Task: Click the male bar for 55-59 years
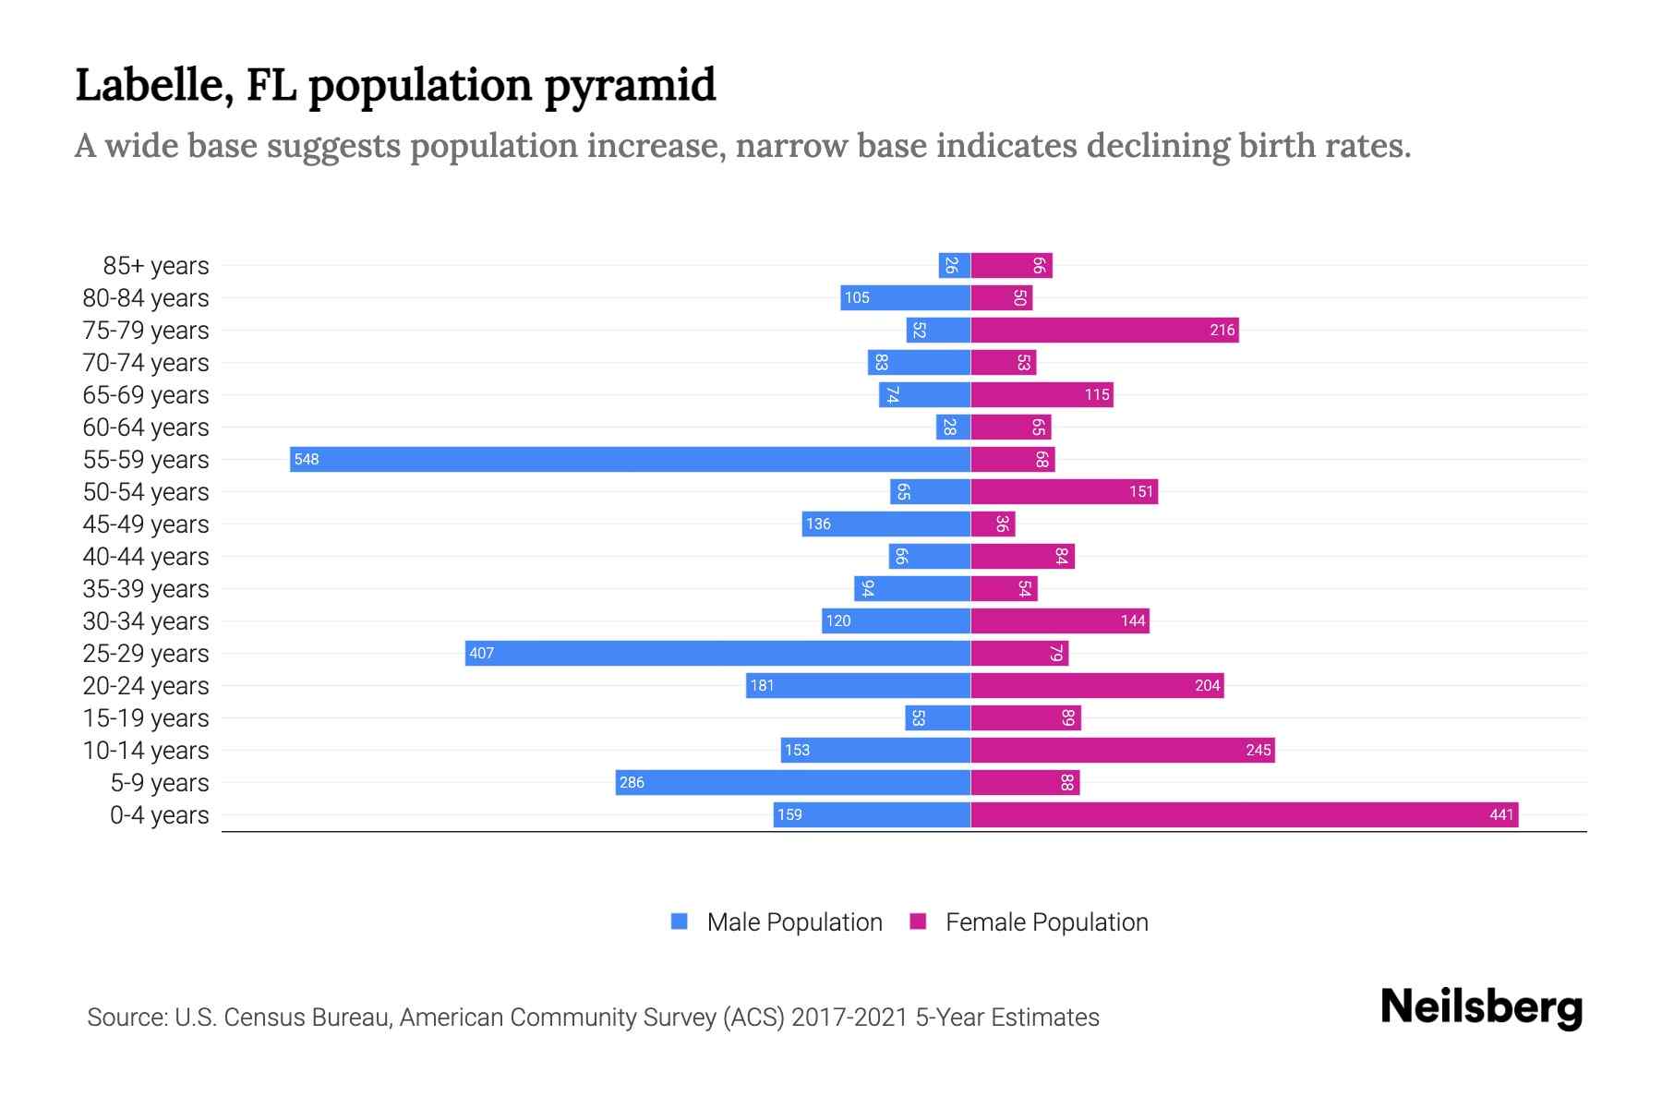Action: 630,459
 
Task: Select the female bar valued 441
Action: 1244,814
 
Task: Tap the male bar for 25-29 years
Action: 717,653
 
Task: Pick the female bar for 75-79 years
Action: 1104,330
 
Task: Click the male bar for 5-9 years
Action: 792,782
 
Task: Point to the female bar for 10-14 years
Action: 1122,750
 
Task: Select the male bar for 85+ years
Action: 954,266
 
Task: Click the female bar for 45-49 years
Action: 993,524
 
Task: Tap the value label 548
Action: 307,459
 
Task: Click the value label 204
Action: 1207,685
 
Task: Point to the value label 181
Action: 762,685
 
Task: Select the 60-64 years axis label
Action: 146,428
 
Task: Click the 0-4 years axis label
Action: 159,815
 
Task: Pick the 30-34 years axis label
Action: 146,621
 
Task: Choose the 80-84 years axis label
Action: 146,298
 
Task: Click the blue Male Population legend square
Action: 680,921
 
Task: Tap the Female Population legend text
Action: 1046,922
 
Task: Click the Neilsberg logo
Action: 1481,1007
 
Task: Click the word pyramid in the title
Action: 629,86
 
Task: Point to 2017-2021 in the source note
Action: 849,1018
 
